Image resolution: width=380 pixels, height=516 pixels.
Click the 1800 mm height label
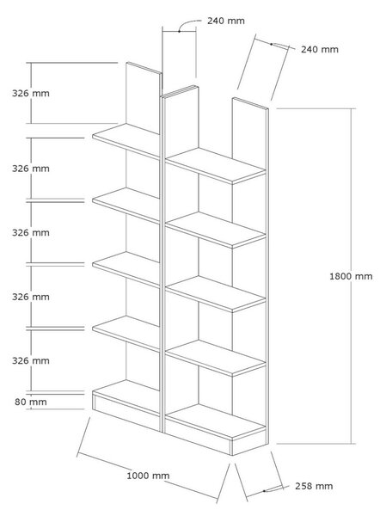[351, 276]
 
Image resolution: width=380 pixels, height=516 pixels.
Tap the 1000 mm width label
[148, 476]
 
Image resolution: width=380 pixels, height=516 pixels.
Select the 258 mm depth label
[314, 486]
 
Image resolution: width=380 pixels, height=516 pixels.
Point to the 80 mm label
[31, 402]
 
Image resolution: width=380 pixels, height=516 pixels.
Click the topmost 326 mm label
[31, 93]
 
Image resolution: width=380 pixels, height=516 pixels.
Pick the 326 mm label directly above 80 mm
[31, 360]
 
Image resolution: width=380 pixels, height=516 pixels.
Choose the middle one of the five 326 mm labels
[31, 233]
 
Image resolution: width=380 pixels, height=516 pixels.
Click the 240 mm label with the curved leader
[226, 21]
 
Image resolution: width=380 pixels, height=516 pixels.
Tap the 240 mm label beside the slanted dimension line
[320, 49]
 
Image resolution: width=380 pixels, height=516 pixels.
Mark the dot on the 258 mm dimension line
[264, 491]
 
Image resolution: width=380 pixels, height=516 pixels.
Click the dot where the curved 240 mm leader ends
[179, 31]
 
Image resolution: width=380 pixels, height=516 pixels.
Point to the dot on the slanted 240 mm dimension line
[272, 44]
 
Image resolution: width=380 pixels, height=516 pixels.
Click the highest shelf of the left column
[126, 141]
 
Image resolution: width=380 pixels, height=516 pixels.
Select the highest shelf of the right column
[216, 165]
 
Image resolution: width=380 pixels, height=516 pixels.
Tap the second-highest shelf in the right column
[216, 230]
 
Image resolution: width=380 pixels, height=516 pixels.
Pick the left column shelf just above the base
[126, 334]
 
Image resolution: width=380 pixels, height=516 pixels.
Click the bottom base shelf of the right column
[216, 422]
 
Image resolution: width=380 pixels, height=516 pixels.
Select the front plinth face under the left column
[126, 411]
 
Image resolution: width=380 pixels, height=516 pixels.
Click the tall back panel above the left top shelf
[144, 98]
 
